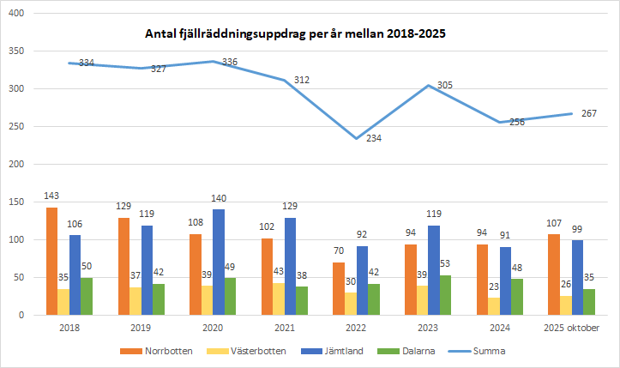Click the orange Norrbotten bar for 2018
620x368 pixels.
(x=52, y=261)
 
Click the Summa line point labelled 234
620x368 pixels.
(x=357, y=138)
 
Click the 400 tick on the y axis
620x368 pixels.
(x=15, y=14)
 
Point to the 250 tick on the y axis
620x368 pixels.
(x=15, y=126)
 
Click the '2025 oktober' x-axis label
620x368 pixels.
(x=572, y=327)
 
